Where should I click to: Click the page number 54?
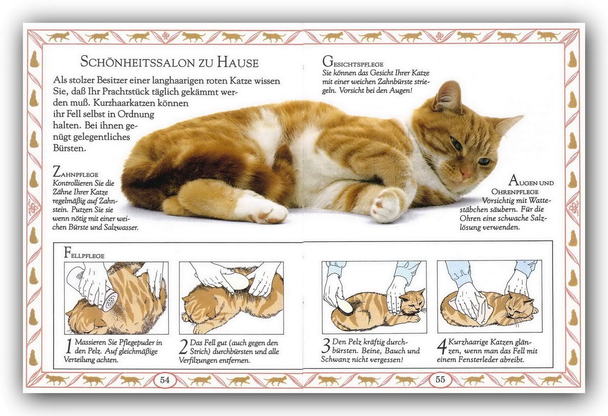tap(165, 380)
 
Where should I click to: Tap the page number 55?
tap(440, 379)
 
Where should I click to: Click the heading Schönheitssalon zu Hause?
tap(169, 62)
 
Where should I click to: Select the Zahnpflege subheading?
tap(75, 172)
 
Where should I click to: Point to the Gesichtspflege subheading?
tap(353, 62)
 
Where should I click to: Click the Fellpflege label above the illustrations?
tap(84, 253)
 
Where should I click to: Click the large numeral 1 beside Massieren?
tap(69, 346)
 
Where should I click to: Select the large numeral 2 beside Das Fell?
tap(183, 347)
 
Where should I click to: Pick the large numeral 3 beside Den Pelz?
tap(326, 346)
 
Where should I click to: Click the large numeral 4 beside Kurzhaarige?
tap(442, 347)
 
